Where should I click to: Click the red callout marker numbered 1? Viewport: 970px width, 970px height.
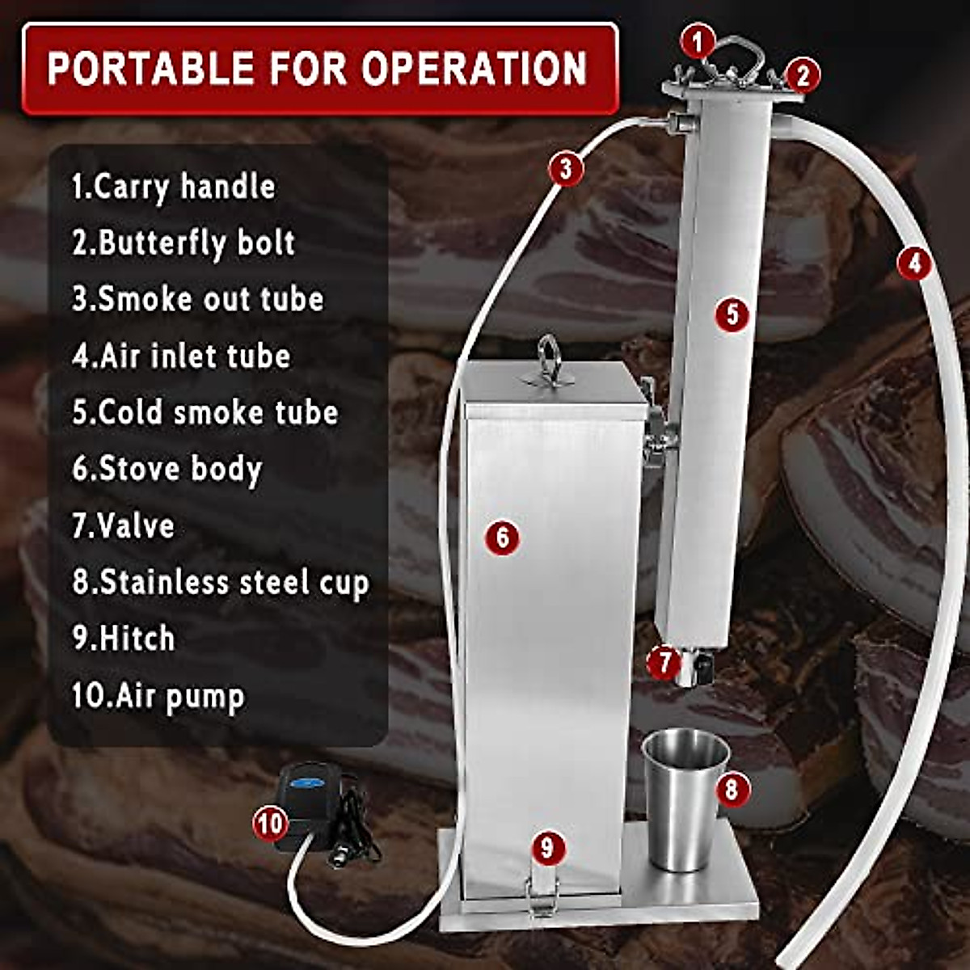point(698,40)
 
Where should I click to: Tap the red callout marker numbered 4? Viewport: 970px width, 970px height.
point(914,264)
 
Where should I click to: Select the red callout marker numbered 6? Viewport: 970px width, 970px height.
point(503,537)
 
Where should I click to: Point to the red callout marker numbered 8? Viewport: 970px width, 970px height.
point(732,788)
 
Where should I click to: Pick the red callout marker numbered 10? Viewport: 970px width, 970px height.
point(270,824)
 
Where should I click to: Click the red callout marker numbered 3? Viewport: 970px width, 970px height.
point(566,169)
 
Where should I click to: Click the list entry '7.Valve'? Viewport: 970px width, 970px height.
point(123,525)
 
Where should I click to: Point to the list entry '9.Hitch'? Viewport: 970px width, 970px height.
point(123,639)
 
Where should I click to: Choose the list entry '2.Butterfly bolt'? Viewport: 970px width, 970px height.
point(183,242)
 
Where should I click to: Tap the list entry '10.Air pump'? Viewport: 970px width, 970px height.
point(158,696)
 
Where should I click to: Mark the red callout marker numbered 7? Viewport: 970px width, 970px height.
point(664,663)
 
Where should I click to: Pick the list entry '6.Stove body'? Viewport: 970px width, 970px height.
point(167,469)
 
